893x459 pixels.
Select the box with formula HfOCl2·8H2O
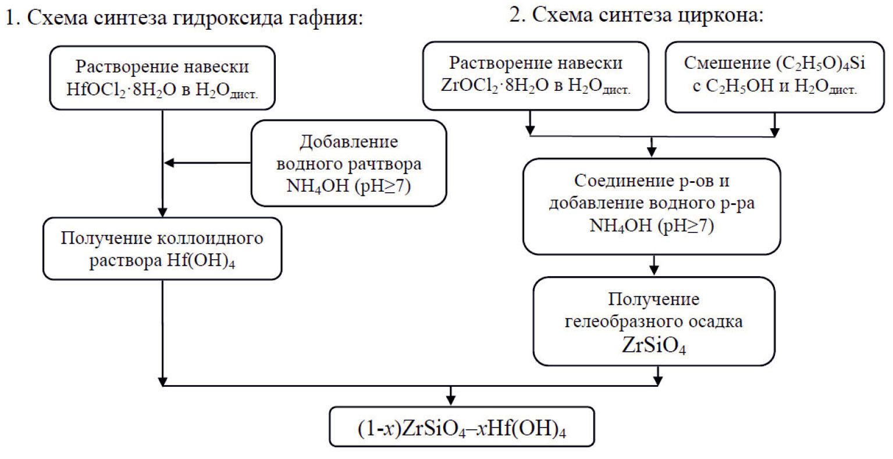click(162, 78)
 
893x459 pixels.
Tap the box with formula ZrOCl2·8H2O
click(536, 76)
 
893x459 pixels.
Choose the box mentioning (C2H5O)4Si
click(774, 76)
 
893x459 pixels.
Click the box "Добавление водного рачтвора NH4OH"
click(348, 164)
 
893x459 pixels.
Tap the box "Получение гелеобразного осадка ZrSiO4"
click(654, 321)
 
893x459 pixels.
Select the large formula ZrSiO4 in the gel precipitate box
click(654, 345)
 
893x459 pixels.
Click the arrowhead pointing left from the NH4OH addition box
click(169, 163)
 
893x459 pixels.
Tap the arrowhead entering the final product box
click(450, 400)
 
